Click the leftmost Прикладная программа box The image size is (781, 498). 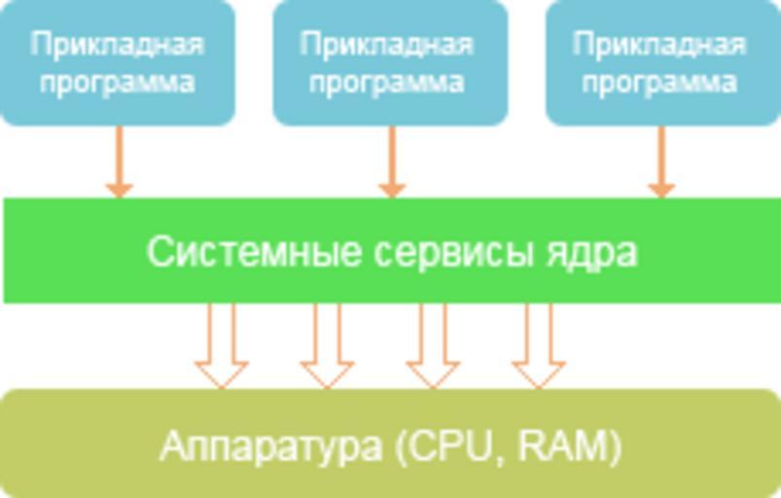click(x=117, y=62)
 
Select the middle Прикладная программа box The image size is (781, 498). click(x=390, y=62)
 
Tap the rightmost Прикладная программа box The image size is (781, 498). click(x=662, y=62)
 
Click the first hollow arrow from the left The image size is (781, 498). click(x=221, y=346)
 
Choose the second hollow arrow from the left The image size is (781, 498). click(x=327, y=346)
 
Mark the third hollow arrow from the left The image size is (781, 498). click(x=433, y=346)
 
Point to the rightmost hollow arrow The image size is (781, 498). click(x=539, y=346)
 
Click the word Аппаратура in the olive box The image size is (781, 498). click(x=270, y=446)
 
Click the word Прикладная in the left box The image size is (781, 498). click(x=117, y=45)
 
